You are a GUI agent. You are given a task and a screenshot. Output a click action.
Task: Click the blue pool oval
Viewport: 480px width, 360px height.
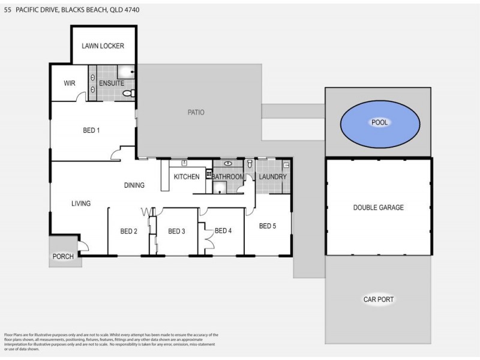(x=379, y=123)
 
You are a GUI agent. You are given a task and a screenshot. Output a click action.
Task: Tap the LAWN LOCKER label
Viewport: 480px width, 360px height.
(x=103, y=46)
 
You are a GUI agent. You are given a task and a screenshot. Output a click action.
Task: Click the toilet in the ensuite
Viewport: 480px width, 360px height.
(x=128, y=94)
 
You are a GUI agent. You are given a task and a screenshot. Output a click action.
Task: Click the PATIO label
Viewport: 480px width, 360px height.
(x=196, y=112)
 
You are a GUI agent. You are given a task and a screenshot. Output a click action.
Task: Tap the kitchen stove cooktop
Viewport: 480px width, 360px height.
(x=209, y=175)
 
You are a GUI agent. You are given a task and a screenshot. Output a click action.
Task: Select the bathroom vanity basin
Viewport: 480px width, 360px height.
(x=228, y=163)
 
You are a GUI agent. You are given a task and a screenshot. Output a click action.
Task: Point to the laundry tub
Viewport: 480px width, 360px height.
(x=286, y=164)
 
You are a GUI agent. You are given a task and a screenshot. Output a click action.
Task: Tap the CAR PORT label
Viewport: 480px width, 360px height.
(x=378, y=299)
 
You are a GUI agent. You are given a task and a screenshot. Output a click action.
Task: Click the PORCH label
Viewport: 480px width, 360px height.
(x=63, y=257)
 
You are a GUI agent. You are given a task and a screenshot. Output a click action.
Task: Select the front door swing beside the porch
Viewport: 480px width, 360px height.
(x=83, y=245)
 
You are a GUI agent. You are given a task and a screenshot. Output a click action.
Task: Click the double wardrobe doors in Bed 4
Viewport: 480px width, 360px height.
(x=209, y=240)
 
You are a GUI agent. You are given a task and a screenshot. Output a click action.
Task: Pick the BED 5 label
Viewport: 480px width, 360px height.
(x=268, y=226)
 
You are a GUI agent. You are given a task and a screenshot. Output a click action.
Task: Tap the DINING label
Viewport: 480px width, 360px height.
(x=134, y=185)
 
